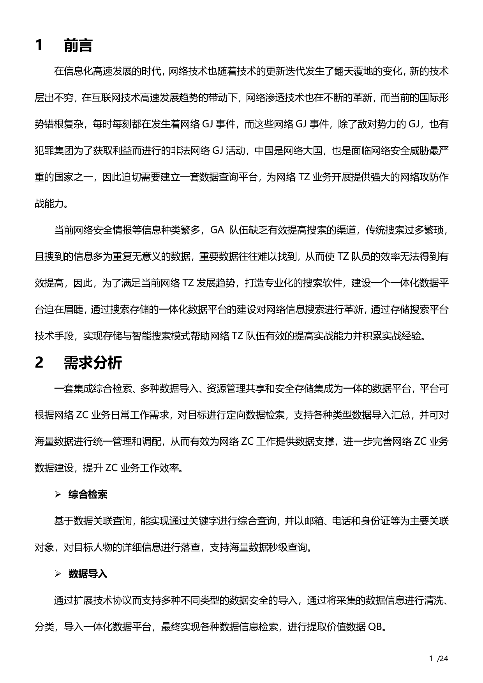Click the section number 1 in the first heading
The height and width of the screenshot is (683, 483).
click(39, 46)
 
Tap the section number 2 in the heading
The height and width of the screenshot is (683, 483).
click(39, 363)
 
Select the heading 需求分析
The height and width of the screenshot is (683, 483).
click(93, 363)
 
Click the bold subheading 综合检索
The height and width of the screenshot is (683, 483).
click(88, 495)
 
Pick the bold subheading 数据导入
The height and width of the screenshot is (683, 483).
click(88, 574)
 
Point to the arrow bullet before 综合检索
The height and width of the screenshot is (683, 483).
click(58, 495)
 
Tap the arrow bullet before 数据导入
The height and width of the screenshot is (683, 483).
click(58, 574)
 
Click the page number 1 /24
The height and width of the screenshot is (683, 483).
click(439, 659)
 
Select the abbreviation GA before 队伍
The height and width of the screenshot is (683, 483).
click(217, 230)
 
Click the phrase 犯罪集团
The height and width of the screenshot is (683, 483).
click(54, 151)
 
